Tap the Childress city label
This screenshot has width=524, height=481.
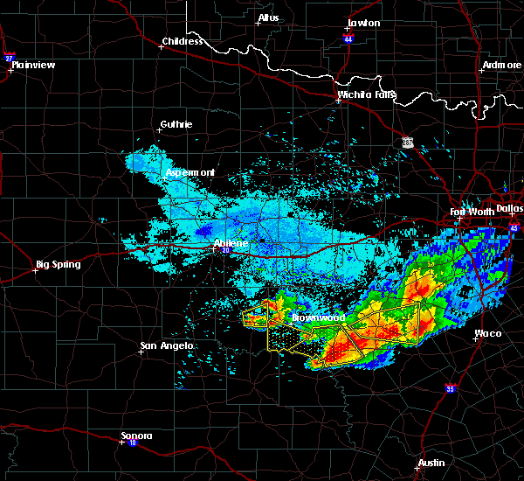point(182,41)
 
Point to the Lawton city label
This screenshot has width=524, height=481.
point(363,23)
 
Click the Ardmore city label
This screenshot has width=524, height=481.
point(501,66)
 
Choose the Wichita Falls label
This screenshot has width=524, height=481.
point(367,94)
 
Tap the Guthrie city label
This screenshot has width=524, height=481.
point(176,124)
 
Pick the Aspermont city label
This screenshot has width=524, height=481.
point(190,172)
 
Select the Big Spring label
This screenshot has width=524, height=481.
point(58,264)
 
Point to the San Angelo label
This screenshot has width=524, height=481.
point(166,346)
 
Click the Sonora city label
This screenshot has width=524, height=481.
point(136,436)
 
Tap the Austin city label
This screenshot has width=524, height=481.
point(431,463)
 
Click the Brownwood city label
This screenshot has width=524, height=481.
point(318,317)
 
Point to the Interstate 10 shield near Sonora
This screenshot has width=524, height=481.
point(120,443)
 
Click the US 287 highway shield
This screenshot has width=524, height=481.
point(407,142)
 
